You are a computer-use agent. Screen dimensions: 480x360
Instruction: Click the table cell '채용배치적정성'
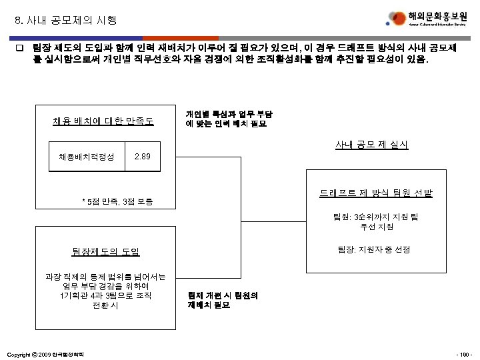[87, 157]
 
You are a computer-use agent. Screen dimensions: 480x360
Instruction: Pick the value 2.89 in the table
[143, 157]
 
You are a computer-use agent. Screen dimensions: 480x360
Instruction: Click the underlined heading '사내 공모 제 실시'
[373, 145]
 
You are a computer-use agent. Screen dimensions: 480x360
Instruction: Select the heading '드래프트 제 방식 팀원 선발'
[375, 193]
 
